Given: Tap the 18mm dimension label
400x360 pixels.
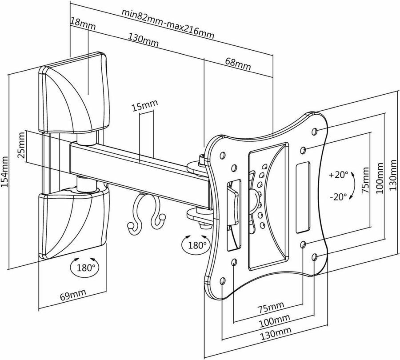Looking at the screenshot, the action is pyautogui.click(x=83, y=24).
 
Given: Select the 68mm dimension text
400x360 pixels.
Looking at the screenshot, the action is pyautogui.click(x=238, y=64).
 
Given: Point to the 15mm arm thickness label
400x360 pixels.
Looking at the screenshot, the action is pyautogui.click(x=144, y=105).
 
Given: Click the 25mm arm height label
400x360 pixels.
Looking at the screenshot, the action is pyautogui.click(x=22, y=145).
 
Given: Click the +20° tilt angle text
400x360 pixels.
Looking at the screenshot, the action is pyautogui.click(x=339, y=175).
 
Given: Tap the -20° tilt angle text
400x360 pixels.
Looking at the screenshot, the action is pyautogui.click(x=338, y=197).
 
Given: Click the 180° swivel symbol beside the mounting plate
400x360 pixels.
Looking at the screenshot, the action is pyautogui.click(x=196, y=244).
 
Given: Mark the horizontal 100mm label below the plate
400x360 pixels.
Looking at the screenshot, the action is pyautogui.click(x=275, y=321).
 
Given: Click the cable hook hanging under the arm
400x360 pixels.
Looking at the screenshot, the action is pyautogui.click(x=146, y=212).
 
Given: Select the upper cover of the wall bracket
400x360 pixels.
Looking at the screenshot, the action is pyautogui.click(x=74, y=93).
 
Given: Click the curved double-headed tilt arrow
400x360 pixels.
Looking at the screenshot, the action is pyautogui.click(x=352, y=185).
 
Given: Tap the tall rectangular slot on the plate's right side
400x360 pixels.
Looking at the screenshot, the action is pyautogui.click(x=303, y=197).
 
